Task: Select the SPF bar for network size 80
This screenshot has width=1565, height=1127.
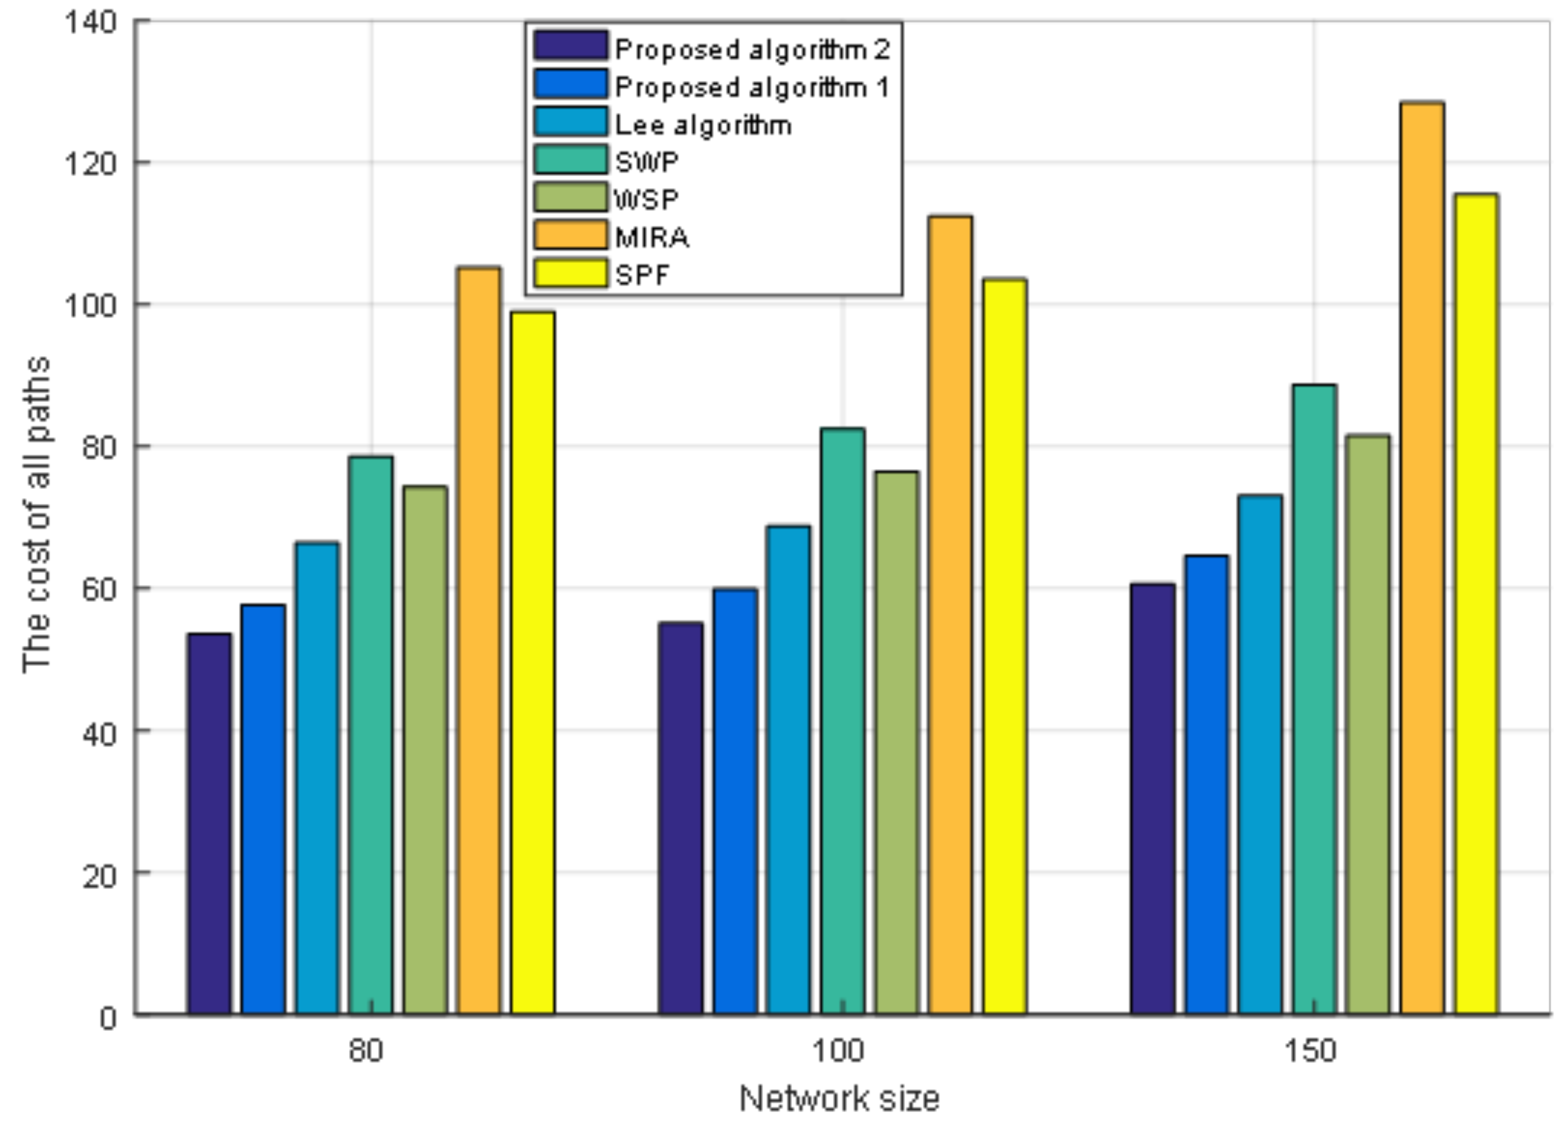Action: click(533, 662)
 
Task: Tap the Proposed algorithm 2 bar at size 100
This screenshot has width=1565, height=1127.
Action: click(680, 817)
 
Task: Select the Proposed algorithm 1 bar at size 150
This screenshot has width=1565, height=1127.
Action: click(1207, 784)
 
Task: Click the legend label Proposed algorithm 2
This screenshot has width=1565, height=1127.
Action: click(752, 50)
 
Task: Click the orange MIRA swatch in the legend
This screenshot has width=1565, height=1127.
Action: click(570, 235)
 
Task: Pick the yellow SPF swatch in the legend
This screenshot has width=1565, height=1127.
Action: click(570, 273)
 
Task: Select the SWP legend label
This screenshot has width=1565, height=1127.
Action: click(647, 163)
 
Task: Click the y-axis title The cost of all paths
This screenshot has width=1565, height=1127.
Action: click(36, 514)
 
